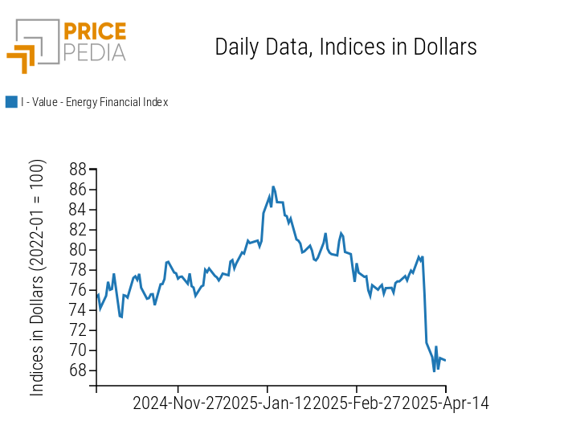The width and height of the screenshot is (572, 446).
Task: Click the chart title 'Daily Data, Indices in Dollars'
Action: [345, 47]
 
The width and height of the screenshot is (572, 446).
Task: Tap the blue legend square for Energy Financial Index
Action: [11, 102]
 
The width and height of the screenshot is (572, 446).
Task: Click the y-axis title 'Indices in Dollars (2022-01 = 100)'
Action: [37, 277]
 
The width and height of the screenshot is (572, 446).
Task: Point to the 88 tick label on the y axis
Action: [78, 170]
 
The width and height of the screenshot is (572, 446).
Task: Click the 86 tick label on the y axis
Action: [78, 190]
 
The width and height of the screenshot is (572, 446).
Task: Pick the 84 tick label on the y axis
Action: [78, 210]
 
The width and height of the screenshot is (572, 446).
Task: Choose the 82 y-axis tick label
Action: [78, 230]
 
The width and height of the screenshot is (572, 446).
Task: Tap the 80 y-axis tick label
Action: [78, 250]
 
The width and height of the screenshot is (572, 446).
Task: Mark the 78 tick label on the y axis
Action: [78, 270]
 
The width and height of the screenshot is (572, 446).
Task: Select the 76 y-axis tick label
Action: [78, 290]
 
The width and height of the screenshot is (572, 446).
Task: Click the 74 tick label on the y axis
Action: [78, 310]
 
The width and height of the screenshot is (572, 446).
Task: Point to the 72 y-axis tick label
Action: [78, 330]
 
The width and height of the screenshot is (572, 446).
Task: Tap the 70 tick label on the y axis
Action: [78, 350]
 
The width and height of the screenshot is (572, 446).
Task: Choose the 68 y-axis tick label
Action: [78, 370]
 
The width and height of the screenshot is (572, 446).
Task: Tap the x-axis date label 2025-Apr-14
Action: [444, 403]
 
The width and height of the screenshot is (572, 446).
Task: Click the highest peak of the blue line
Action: [273, 186]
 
